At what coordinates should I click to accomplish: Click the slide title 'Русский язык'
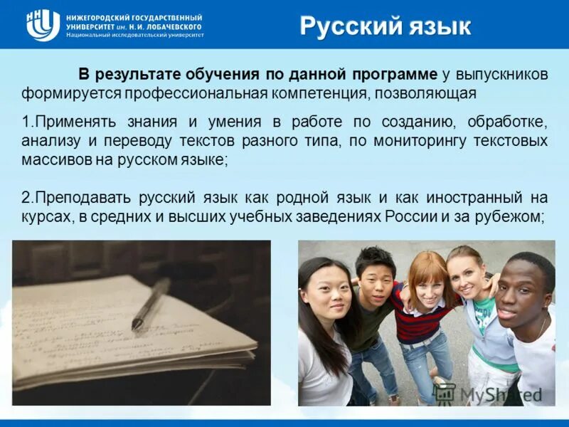(x=385, y=26)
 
